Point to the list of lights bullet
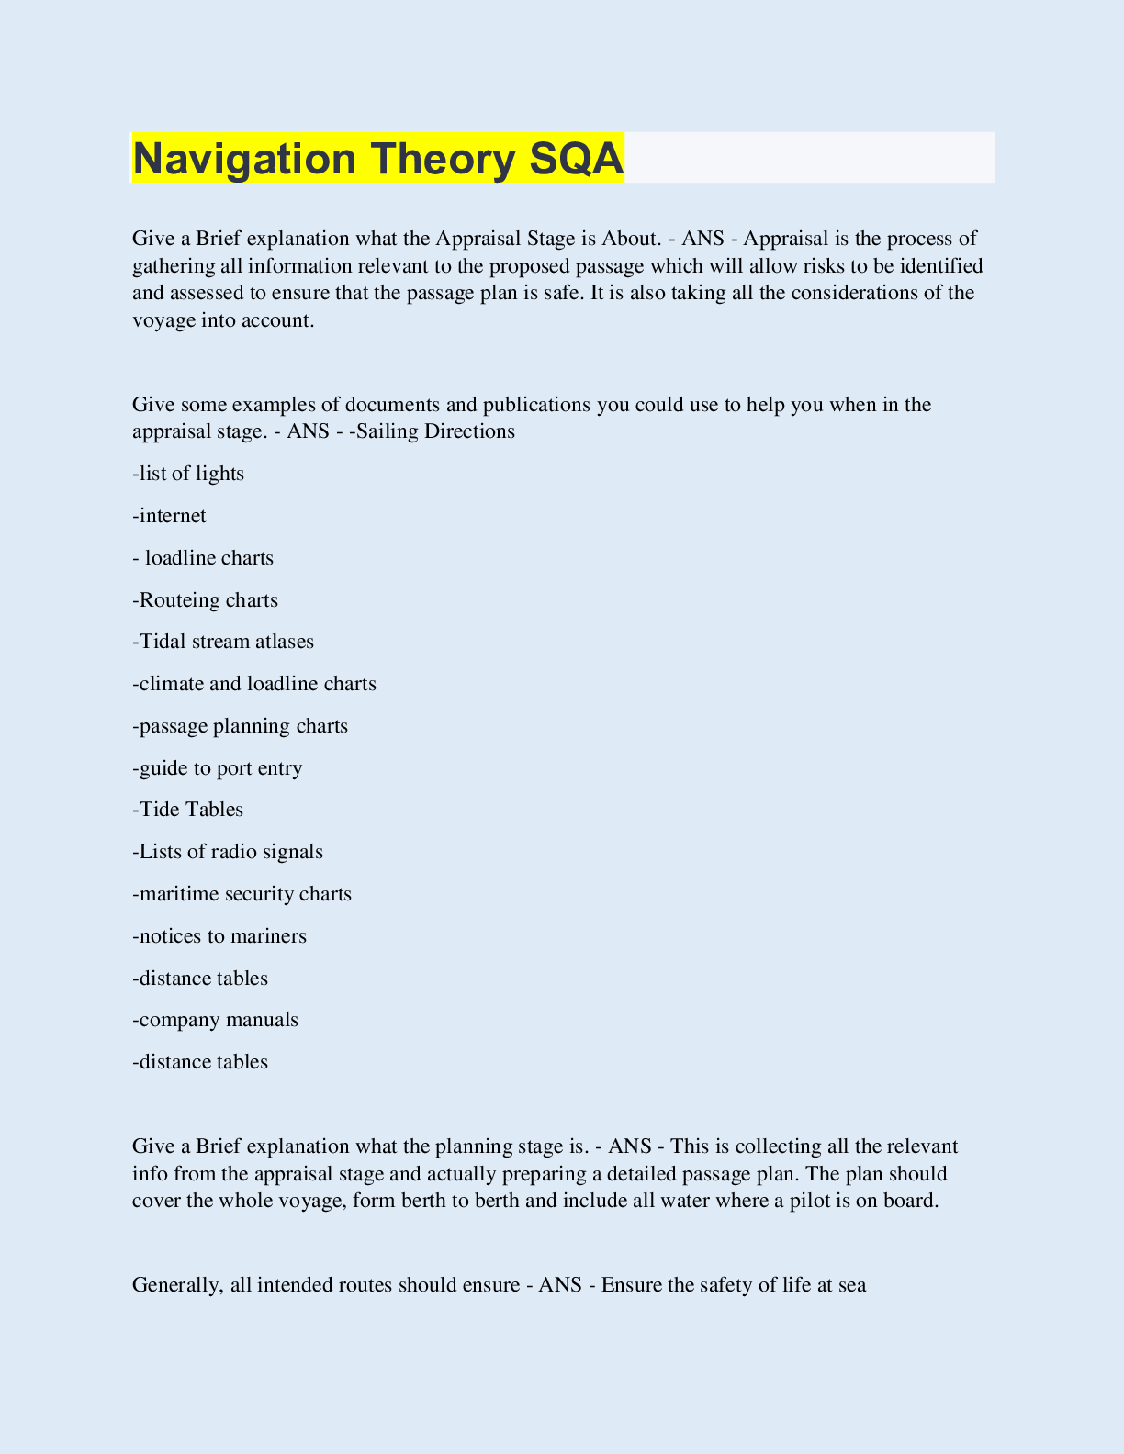coord(189,474)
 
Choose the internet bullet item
coord(170,516)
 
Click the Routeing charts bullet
coord(206,600)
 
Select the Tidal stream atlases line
coord(223,642)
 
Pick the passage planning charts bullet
coord(241,726)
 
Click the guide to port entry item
coord(218,768)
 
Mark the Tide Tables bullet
coord(188,810)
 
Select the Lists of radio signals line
coord(228,852)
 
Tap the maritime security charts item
coord(242,894)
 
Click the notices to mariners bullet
coord(219,936)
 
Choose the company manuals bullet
coord(216,1020)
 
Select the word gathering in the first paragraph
coord(173,266)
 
